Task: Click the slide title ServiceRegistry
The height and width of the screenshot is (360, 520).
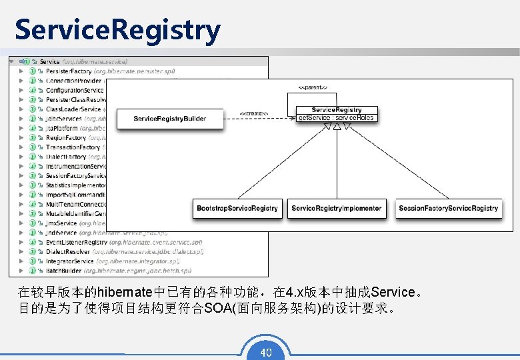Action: point(117,29)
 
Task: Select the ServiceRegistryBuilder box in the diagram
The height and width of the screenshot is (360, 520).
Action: point(170,119)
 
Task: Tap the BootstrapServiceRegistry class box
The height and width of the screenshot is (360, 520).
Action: point(237,208)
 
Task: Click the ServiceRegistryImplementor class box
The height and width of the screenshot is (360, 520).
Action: point(337,208)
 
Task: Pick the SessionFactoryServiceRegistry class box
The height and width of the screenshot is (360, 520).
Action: point(448,208)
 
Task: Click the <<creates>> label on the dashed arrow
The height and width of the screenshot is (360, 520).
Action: point(254,113)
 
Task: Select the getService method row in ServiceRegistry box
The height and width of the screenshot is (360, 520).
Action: point(337,118)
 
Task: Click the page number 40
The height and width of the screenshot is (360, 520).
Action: point(265,352)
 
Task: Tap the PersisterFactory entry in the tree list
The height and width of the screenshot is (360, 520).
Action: point(69,71)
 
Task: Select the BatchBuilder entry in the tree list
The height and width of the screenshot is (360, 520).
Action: point(65,271)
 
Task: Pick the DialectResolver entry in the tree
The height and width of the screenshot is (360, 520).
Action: point(67,252)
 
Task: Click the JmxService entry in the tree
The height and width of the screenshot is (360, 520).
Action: point(61,223)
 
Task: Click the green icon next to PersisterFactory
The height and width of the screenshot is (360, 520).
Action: point(32,71)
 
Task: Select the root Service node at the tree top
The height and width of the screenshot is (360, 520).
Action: point(49,61)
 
